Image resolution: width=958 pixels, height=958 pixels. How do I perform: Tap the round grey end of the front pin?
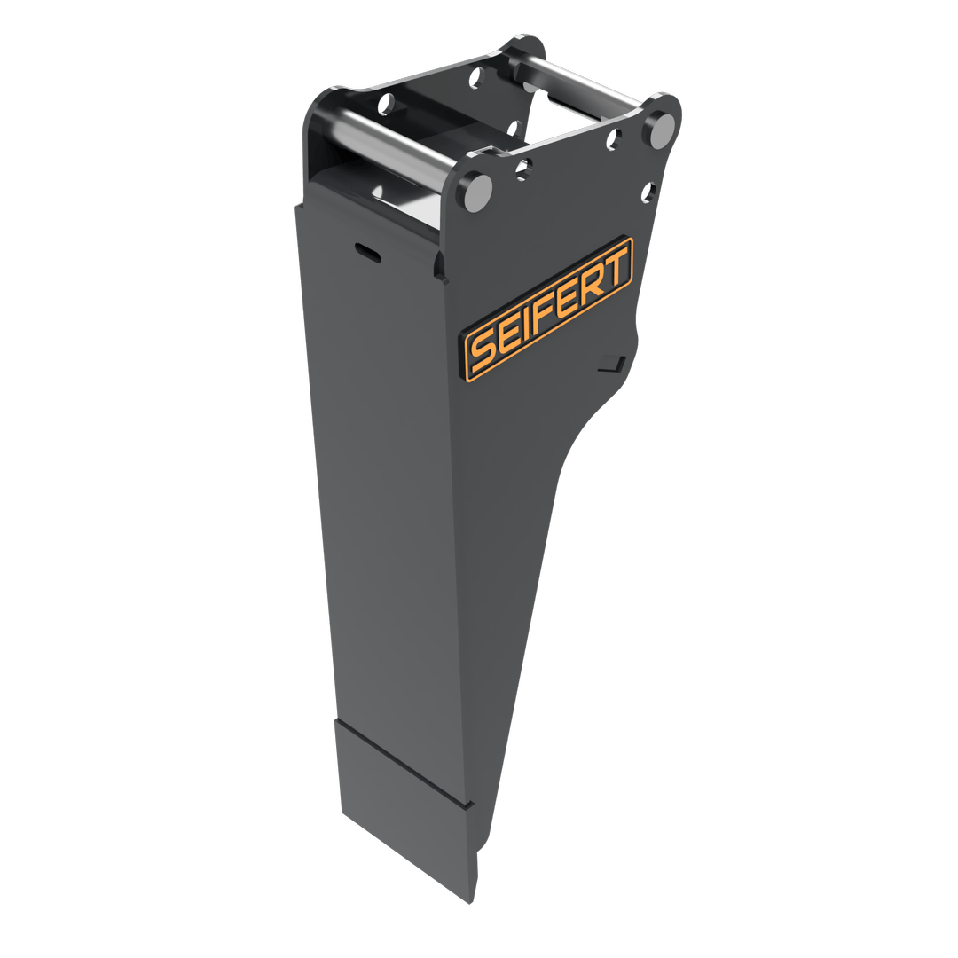coord(476,192)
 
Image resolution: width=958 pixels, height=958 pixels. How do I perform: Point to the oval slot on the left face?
coord(365,251)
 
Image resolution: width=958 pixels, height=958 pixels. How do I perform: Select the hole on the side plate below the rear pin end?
coord(650,190)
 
